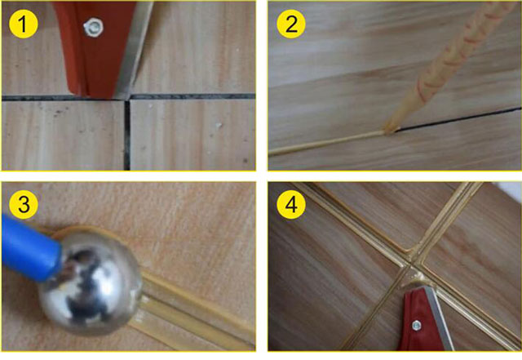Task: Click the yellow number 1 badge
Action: point(24,24)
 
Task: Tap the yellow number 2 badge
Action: point(291,24)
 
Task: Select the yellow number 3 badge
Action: point(24,204)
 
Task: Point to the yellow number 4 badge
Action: point(291,204)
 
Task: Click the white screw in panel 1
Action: point(93,28)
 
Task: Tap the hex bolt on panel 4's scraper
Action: point(416,325)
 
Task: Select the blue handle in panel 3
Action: point(30,247)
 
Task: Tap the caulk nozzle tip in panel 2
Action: point(390,129)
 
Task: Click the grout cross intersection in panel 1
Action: point(127,97)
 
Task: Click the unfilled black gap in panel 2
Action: point(458,119)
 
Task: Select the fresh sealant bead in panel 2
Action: point(326,143)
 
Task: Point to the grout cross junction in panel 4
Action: point(414,264)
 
